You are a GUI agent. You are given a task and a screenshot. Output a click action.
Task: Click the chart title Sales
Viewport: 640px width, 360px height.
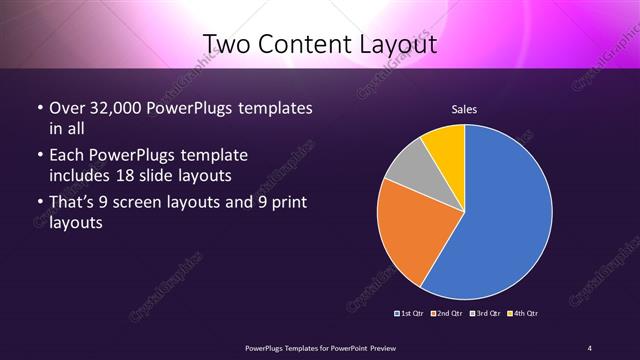pyautogui.click(x=463, y=109)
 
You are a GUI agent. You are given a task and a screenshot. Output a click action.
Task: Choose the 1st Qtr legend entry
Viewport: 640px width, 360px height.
pyautogui.click(x=411, y=314)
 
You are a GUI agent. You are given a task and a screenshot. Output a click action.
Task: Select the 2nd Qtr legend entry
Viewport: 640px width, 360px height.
pyautogui.click(x=446, y=314)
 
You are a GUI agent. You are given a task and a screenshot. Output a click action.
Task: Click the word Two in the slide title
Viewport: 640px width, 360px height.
pyautogui.click(x=227, y=43)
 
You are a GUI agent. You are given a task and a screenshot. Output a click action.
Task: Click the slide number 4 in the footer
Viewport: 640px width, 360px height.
pyautogui.click(x=590, y=347)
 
